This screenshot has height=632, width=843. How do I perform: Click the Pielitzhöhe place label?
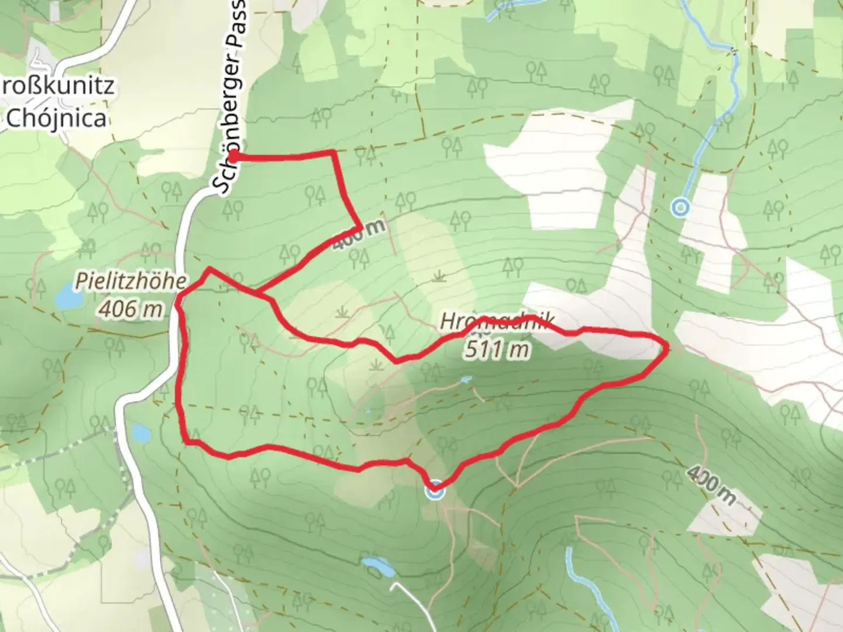coord(131,281)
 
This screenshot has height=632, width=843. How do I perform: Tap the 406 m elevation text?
coord(131,308)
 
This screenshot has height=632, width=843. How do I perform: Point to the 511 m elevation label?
coord(497,349)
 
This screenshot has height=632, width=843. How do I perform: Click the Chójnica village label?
coord(57,119)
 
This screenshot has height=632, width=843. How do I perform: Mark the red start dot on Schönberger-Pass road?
coord(233,156)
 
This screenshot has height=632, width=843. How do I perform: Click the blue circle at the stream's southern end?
coord(680,207)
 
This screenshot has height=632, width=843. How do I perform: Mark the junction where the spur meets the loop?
coord(256,291)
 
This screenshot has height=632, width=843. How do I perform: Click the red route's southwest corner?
coord(187,442)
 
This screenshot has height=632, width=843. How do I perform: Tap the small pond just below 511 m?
coord(466,380)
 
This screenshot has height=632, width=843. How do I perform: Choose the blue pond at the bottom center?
coord(378,566)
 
